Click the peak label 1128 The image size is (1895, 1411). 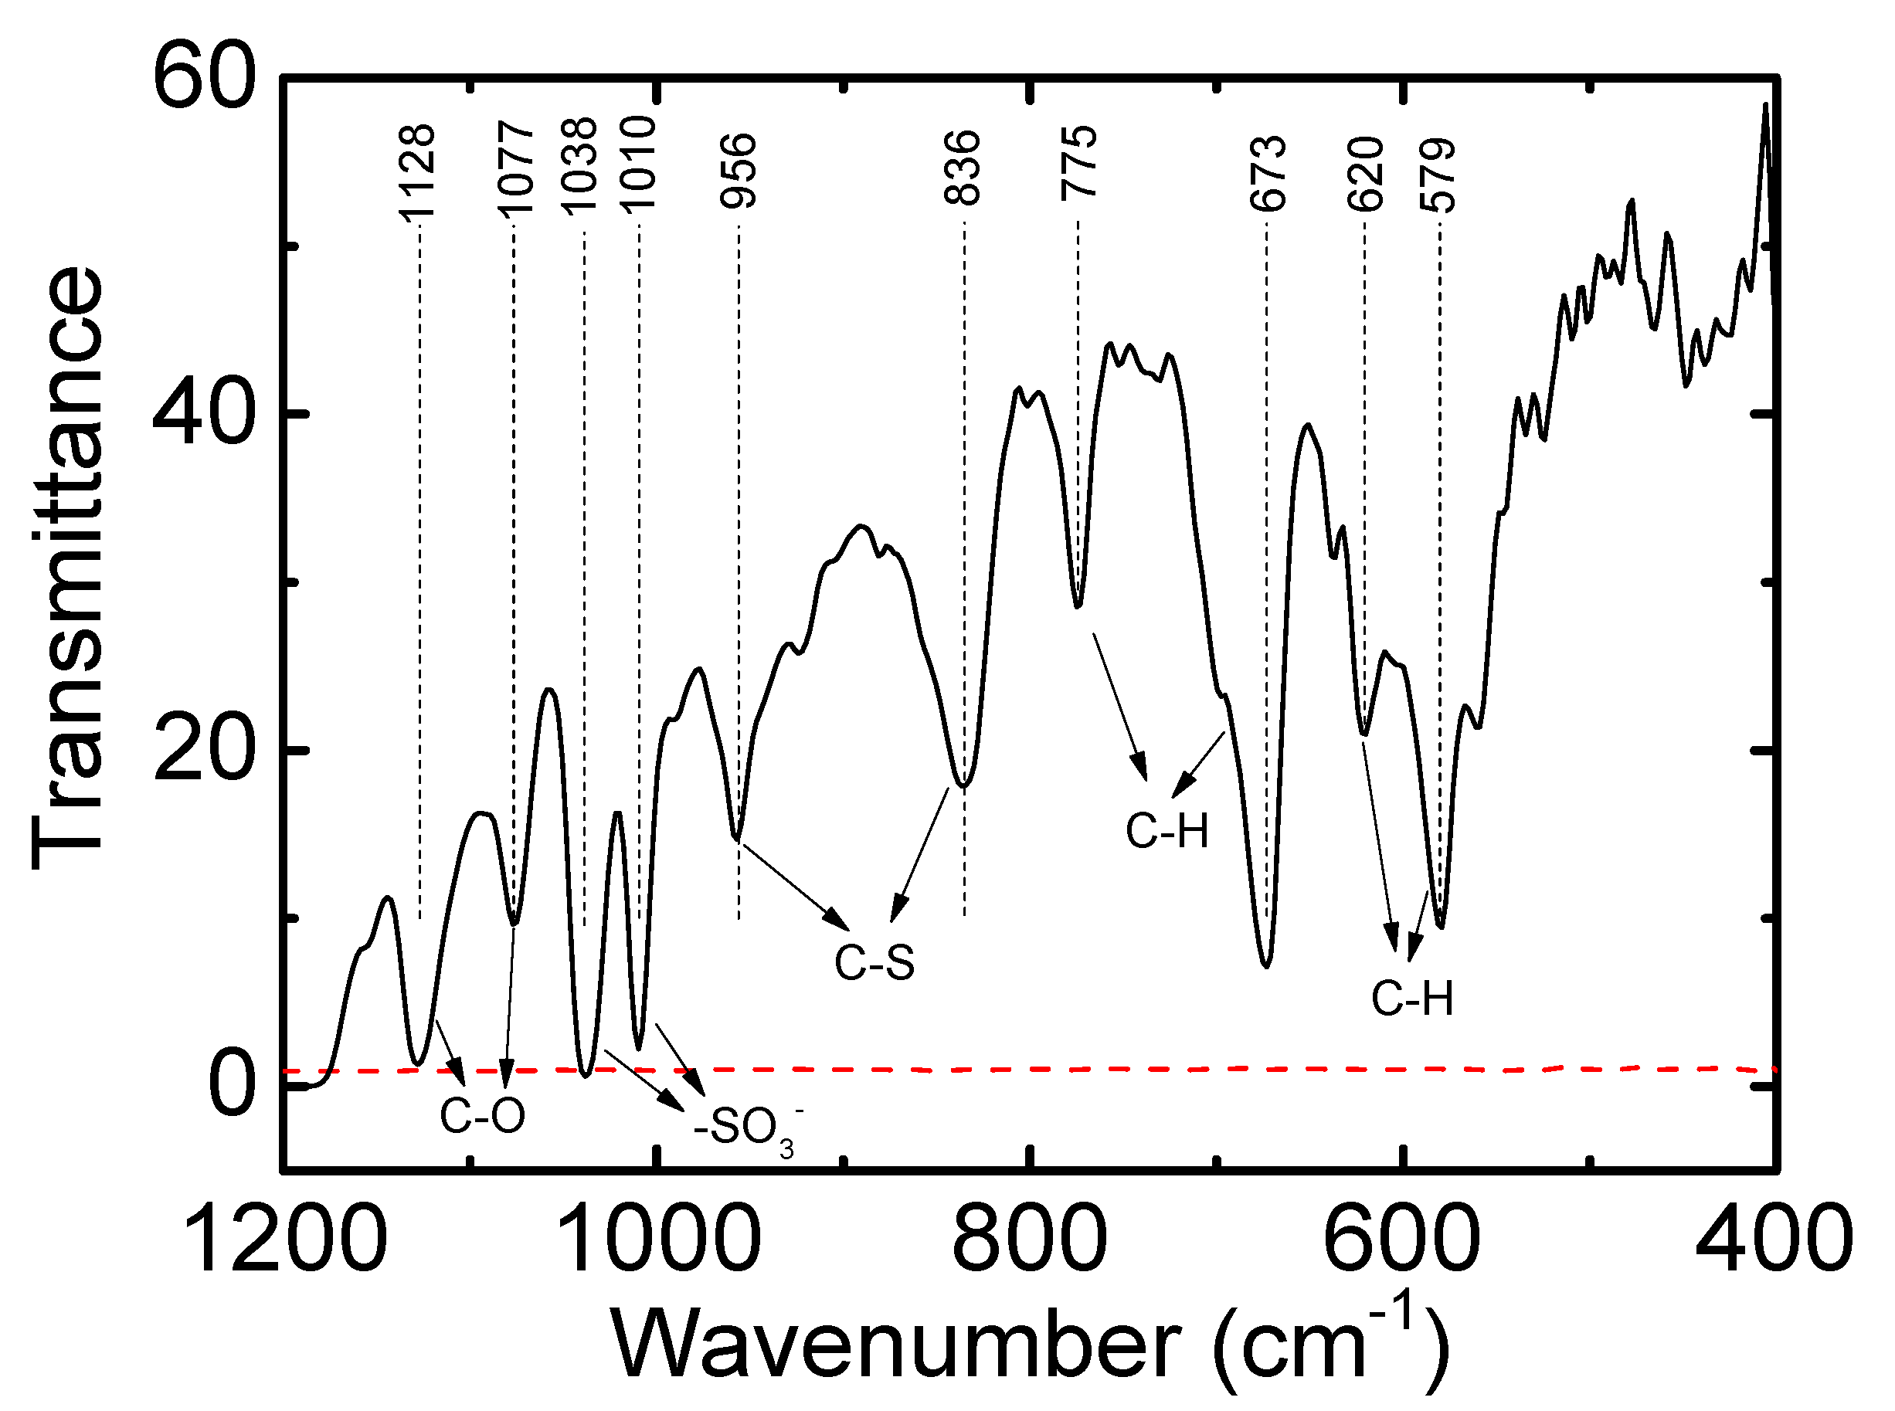point(418,174)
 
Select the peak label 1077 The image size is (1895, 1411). point(515,168)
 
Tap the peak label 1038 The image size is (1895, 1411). point(579,165)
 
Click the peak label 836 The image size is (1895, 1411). point(962,168)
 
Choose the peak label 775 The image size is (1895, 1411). point(1078,163)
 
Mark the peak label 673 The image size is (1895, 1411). point(1267,174)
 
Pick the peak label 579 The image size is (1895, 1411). point(1437,175)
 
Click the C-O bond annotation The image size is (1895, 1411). point(482,1115)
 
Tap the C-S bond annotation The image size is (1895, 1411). point(874,962)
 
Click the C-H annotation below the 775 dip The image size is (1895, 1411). point(1167,830)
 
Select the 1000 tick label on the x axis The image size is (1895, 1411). point(656,1239)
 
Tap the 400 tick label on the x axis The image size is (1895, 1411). point(1773,1239)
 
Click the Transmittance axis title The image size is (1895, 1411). point(68,568)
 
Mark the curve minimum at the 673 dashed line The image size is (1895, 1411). point(1266,966)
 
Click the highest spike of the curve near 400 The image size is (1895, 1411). point(1765,105)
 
